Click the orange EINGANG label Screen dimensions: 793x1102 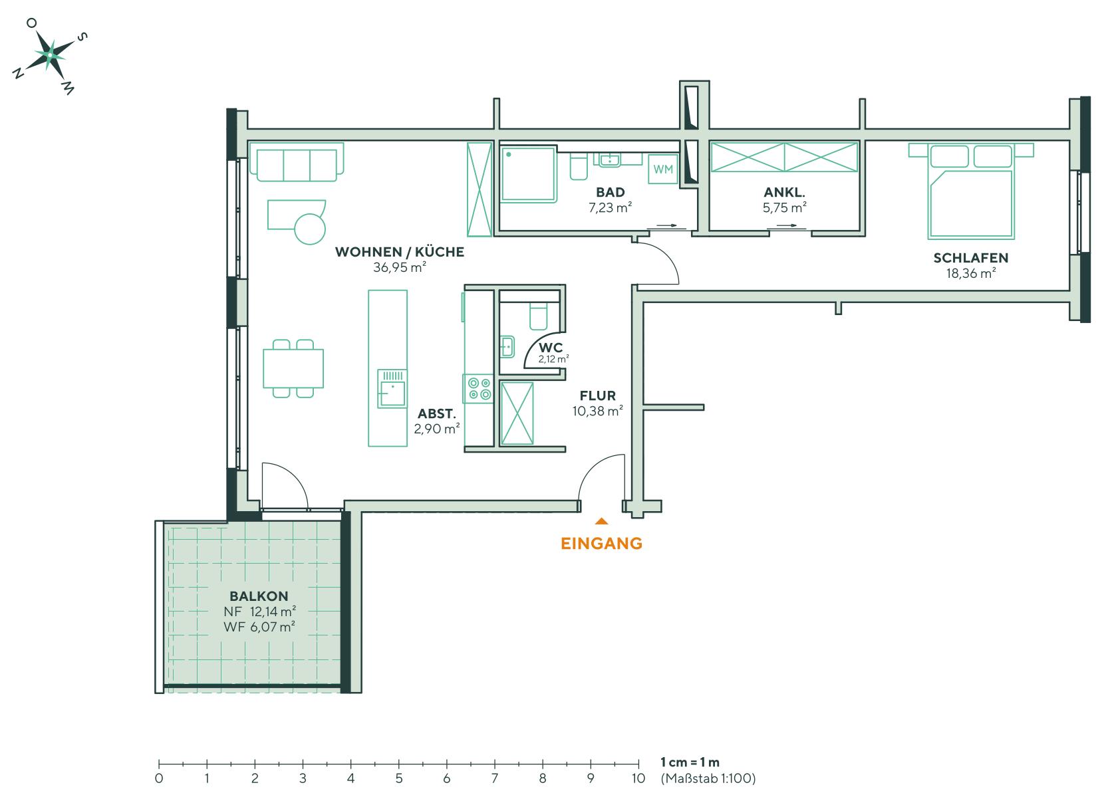[601, 544]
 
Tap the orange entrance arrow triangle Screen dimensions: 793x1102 [601, 521]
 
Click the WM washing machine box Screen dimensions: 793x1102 [663, 170]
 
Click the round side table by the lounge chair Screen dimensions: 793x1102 [310, 228]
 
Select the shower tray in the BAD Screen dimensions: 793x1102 [527, 174]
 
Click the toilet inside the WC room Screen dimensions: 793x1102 [537, 315]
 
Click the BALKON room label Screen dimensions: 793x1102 [259, 596]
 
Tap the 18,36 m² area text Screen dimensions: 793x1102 [970, 273]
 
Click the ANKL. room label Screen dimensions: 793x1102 [785, 193]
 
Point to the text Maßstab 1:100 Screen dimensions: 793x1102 [708, 777]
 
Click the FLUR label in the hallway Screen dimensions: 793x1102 [597, 396]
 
